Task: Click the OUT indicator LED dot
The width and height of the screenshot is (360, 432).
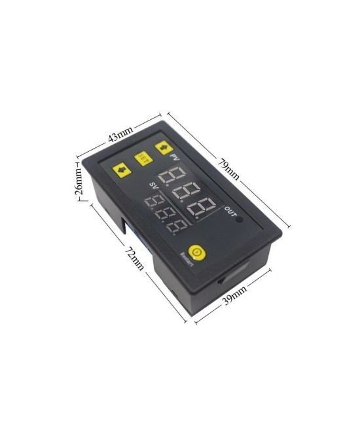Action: click(x=240, y=219)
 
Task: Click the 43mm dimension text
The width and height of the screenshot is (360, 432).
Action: click(x=120, y=136)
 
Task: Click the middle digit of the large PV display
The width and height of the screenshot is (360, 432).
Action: click(x=189, y=192)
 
